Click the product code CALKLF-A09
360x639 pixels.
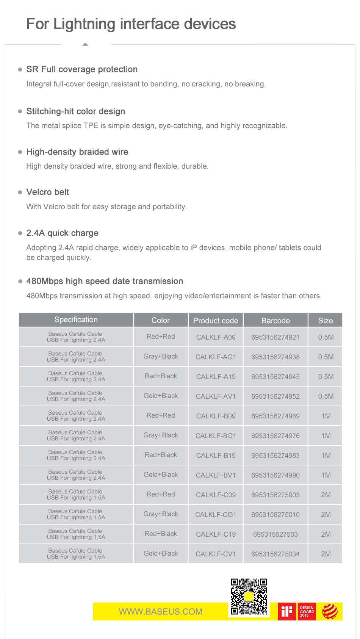tap(216, 337)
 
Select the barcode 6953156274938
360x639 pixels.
tap(275, 357)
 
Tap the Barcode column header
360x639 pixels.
tap(275, 321)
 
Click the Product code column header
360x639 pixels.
tap(216, 321)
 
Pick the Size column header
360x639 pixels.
tap(326, 321)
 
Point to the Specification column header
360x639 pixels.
tap(76, 320)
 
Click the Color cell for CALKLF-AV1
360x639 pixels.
tap(161, 396)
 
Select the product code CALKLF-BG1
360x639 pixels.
tap(216, 436)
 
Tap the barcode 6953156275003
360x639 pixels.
tap(275, 495)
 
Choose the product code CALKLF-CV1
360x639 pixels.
tap(216, 554)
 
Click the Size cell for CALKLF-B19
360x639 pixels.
tap(326, 456)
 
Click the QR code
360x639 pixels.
tap(249, 597)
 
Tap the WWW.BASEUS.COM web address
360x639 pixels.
tap(160, 612)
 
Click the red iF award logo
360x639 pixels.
tap(287, 611)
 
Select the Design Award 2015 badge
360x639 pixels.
tap(307, 611)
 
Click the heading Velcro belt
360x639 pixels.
tap(48, 192)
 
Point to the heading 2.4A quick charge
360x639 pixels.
tap(62, 233)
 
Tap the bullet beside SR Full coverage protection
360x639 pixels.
tap(20, 70)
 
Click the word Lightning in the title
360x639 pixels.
tap(84, 24)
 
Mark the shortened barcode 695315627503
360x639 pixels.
tap(275, 534)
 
